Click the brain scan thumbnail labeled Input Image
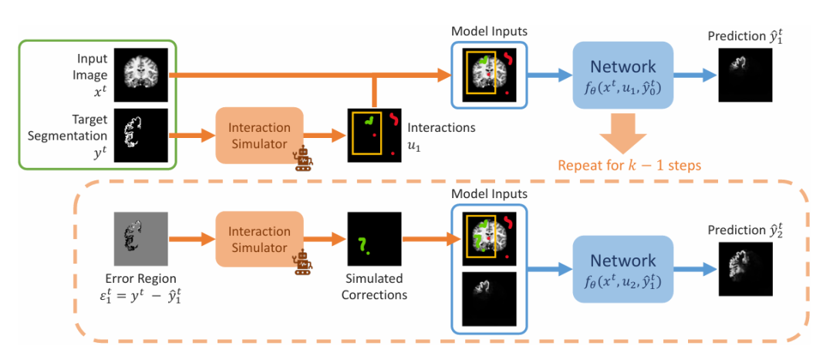click(140, 74)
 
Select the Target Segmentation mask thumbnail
click(140, 134)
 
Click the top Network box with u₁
click(623, 75)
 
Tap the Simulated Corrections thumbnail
click(373, 236)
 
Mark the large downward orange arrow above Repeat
click(623, 133)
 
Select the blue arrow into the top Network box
click(548, 75)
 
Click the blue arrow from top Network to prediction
click(695, 75)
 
